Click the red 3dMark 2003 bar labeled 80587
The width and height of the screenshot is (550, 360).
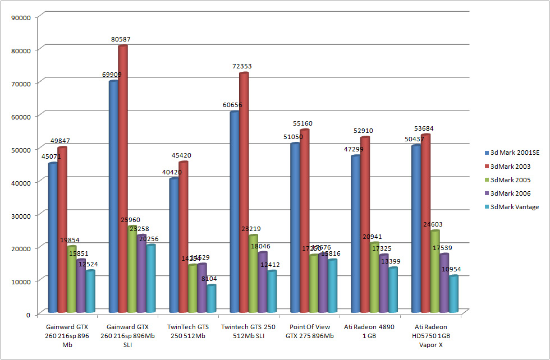[123, 179]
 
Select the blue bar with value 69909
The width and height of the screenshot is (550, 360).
[113, 196]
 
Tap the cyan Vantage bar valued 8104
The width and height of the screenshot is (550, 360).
[212, 298]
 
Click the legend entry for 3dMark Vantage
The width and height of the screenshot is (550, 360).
[514, 207]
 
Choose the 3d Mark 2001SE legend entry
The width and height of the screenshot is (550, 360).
[514, 153]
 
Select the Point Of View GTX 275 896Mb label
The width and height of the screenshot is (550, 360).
[309, 331]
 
